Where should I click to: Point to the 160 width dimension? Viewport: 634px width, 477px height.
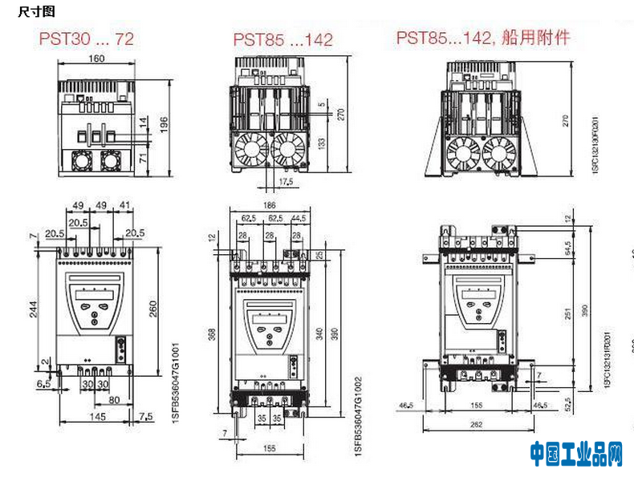tap(96, 59)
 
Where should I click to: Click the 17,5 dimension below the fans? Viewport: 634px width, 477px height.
tap(285, 182)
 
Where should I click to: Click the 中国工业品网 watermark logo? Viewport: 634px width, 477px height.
tap(575, 455)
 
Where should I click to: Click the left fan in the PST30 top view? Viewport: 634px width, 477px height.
tap(83, 161)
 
